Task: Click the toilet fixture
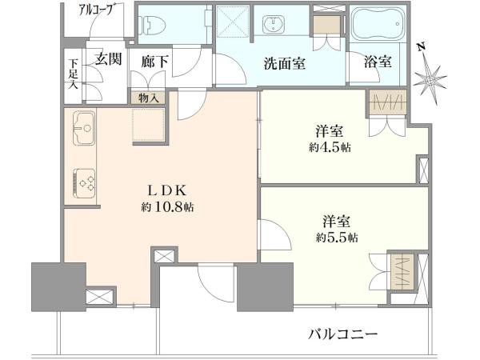pyautogui.click(x=153, y=23)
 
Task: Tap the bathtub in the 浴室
pyautogui.click(x=378, y=24)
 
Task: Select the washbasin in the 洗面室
pyautogui.click(x=274, y=24)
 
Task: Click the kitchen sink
pyautogui.click(x=84, y=128)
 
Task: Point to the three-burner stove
pyautogui.click(x=84, y=183)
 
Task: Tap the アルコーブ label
pyautogui.click(x=96, y=10)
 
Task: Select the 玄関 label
pyautogui.click(x=108, y=58)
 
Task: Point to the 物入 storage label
pyautogui.click(x=148, y=98)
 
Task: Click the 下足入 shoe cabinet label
pyautogui.click(x=73, y=74)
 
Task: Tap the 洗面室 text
pyautogui.click(x=284, y=63)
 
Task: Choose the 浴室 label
pyautogui.click(x=378, y=62)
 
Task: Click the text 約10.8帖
pyautogui.click(x=167, y=208)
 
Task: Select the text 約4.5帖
pyautogui.click(x=330, y=147)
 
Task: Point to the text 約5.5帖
pyautogui.click(x=337, y=238)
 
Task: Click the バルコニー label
pyautogui.click(x=342, y=334)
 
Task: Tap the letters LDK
pyautogui.click(x=167, y=191)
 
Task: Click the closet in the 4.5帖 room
pyautogui.click(x=388, y=102)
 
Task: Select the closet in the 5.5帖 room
pyautogui.click(x=402, y=271)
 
